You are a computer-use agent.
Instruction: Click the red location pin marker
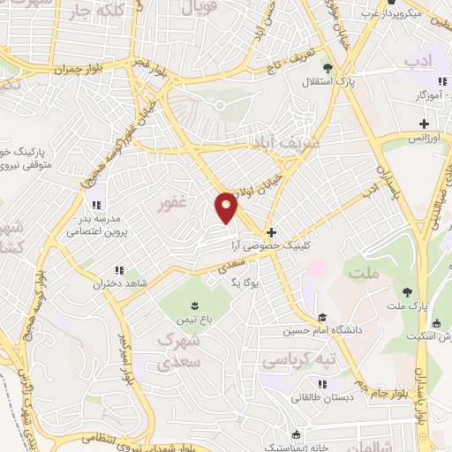click(227, 207)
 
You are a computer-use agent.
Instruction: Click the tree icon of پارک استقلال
click(328, 67)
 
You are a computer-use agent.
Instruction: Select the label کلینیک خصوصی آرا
click(269, 246)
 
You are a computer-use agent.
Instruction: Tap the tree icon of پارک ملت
click(407, 292)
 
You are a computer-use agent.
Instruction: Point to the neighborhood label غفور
click(173, 205)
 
